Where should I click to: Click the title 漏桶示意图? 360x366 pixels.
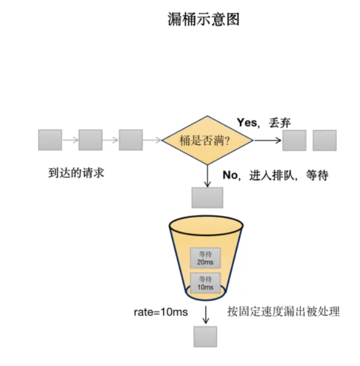click(x=204, y=20)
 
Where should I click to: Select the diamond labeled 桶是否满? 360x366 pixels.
click(x=207, y=140)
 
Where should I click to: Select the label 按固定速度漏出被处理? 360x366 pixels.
click(x=283, y=311)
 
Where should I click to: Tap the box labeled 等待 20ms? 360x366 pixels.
click(x=204, y=257)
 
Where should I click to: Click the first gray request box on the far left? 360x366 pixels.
click(x=50, y=140)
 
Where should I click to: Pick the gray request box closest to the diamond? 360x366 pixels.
click(x=131, y=140)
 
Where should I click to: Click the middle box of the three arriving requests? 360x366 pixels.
click(x=90, y=140)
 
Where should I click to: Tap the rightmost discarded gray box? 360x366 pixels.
click(x=324, y=140)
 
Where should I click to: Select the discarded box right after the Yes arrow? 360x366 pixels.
click(x=294, y=140)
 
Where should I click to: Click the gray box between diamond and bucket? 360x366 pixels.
click(x=207, y=197)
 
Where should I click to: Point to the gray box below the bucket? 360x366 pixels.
click(x=205, y=336)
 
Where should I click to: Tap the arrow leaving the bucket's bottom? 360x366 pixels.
click(x=205, y=313)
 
